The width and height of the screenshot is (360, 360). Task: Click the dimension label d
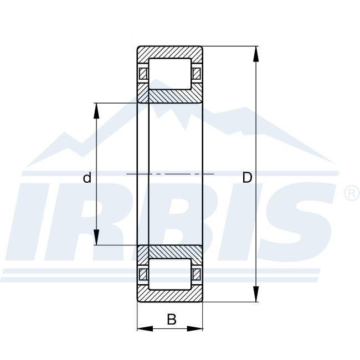pos(87,178)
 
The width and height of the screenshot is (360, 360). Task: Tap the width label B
pos(172,319)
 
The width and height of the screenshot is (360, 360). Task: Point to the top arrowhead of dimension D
pos(256,54)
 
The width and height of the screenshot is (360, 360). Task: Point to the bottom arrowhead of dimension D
pos(256,294)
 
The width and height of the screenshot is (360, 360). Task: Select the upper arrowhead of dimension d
pos(96,111)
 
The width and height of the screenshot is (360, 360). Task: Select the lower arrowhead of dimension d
pos(96,237)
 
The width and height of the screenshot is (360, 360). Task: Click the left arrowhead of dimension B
pos(145,328)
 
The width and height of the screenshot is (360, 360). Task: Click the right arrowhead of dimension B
pos(195,328)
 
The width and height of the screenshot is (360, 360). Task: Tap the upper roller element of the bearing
pos(170,74)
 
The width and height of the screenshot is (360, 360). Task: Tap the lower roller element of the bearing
pos(170,274)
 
